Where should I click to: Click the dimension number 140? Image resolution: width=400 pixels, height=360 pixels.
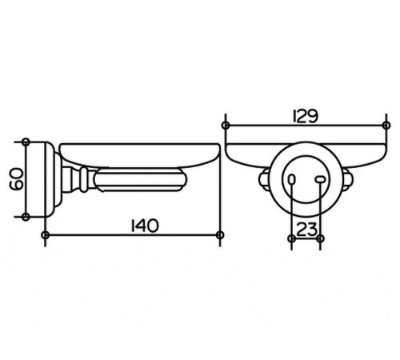[x=145, y=226]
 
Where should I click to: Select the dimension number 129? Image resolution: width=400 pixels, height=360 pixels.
[x=306, y=116]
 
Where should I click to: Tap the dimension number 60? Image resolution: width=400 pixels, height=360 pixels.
[x=17, y=178]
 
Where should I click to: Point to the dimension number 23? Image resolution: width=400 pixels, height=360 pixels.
[x=306, y=230]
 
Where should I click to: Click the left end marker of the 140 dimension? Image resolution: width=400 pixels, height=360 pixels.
[x=46, y=235]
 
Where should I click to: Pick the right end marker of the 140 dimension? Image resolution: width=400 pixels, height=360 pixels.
[x=220, y=235]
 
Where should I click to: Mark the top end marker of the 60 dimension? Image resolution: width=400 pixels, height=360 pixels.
[x=26, y=142]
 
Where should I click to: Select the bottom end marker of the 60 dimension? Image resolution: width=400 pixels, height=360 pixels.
[x=26, y=217]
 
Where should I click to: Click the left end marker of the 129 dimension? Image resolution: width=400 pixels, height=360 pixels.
[x=226, y=125]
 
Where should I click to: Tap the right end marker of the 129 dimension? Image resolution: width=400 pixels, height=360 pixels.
[x=386, y=125]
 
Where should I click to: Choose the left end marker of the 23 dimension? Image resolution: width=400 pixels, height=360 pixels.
[x=292, y=238]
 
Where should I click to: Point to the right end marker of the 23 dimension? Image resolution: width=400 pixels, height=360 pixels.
[x=320, y=238]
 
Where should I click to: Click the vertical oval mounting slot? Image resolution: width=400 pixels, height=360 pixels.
[x=292, y=179]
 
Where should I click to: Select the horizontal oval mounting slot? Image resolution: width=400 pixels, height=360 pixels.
[x=320, y=179]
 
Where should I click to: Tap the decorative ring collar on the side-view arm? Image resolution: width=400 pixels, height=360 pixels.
[x=84, y=180]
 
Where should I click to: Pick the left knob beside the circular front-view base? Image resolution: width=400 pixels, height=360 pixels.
[x=264, y=180]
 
